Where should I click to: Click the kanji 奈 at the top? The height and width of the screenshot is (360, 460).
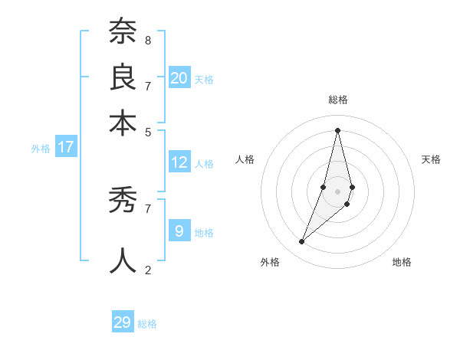[x=123, y=32]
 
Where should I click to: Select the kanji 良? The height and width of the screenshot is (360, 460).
[x=123, y=77]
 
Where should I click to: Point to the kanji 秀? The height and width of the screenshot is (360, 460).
[x=123, y=201]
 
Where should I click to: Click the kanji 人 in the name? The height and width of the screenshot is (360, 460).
[x=123, y=260]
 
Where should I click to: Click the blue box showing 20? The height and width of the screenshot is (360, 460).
[x=179, y=77]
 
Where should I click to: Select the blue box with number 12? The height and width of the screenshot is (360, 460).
[x=179, y=162]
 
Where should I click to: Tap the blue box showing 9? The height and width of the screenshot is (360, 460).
[x=179, y=231]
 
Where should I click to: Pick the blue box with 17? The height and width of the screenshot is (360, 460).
[x=65, y=146]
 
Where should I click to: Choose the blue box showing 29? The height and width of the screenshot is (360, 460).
[x=123, y=322]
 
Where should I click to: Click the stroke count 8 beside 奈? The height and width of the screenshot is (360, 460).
[x=147, y=40]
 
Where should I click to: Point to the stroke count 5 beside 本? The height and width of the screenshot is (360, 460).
[x=147, y=131]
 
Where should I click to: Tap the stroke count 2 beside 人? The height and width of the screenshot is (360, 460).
[x=147, y=270]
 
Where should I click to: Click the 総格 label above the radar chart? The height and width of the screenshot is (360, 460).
[x=337, y=100]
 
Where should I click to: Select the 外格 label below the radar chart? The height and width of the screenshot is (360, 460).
[x=270, y=262]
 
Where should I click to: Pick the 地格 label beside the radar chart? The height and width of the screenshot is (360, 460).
[x=402, y=262]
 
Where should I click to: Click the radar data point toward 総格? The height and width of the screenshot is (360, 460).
[x=337, y=129]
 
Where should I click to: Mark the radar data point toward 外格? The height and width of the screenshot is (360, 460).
[x=301, y=242]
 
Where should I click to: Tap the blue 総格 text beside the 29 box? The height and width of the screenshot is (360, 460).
[x=147, y=324]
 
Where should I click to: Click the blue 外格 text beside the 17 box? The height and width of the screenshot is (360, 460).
[x=41, y=149]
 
